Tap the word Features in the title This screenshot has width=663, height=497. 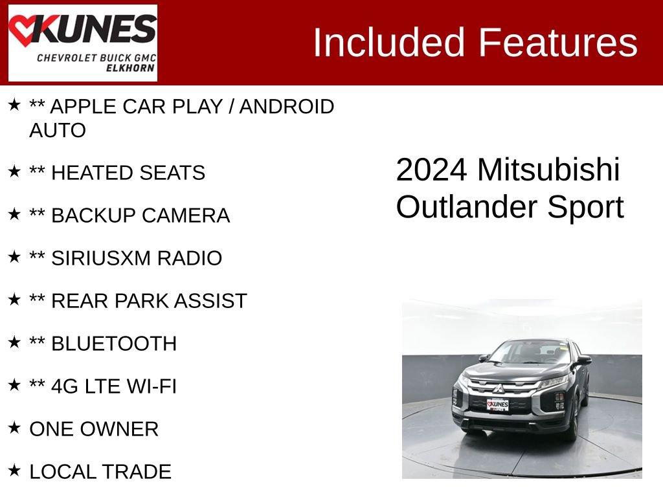tap(558, 43)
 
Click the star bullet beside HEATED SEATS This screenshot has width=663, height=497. tap(14, 171)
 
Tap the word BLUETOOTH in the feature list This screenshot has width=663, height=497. tap(113, 344)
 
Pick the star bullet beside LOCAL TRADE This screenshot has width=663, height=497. tap(14, 470)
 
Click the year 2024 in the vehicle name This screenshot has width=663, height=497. tap(431, 170)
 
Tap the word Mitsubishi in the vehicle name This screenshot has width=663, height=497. tap(548, 170)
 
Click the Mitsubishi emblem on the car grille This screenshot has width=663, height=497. tap(499, 389)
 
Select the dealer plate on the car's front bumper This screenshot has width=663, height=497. tap(497, 404)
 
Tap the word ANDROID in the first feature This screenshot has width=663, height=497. tap(286, 107)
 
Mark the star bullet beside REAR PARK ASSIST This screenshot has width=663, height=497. tap(14, 300)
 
